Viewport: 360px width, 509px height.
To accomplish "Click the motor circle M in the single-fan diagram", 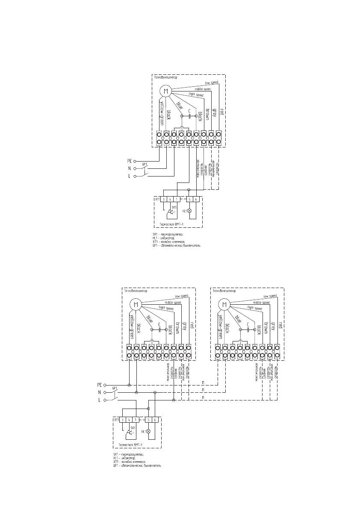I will pos(165,91).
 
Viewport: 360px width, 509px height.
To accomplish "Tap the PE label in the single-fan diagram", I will pos(130,161).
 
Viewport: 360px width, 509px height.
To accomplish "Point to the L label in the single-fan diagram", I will pos(130,176).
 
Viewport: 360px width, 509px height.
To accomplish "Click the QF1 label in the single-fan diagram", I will pos(145,165).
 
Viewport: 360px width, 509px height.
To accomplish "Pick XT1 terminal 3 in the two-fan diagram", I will pos(122,420).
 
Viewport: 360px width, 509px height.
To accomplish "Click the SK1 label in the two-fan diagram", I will pos(133,428).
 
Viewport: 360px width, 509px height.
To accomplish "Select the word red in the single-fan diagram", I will pos(221,112).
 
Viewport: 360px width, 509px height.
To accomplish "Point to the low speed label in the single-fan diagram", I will pos(212,82).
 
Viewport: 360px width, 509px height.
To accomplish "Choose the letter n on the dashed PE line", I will pos(203,382).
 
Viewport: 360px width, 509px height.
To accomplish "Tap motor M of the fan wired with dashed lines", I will pos(224,304).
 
